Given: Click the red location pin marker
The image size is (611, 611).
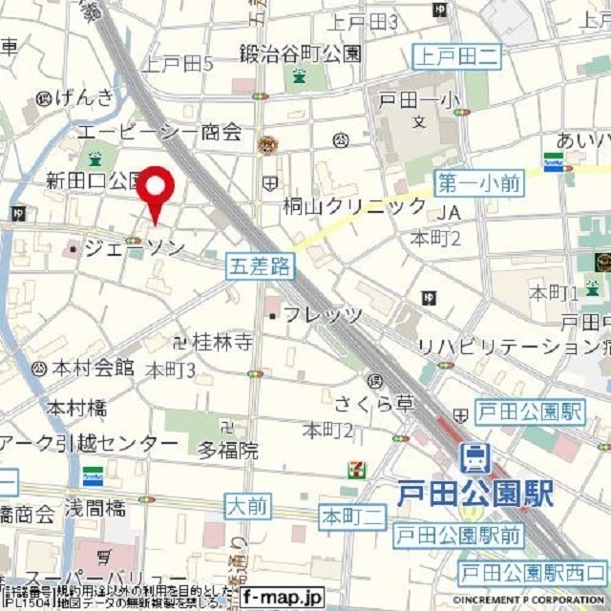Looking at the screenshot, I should point(156,192).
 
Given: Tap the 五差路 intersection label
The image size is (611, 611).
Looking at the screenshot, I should point(259,266).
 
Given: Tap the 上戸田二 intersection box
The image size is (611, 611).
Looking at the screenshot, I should point(456,57).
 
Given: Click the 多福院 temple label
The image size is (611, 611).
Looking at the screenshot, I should point(227,451).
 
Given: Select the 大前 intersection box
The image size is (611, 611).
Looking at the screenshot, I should point(249,505).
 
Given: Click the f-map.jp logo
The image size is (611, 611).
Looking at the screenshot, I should point(283,598).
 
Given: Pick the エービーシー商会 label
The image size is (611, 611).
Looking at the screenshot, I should point(159,133).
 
